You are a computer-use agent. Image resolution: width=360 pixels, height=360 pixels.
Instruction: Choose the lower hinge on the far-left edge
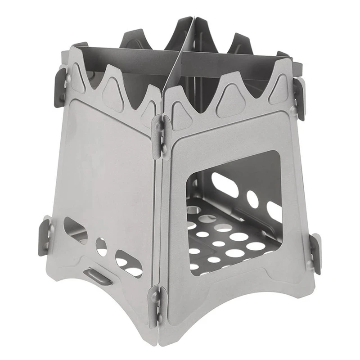(46, 234)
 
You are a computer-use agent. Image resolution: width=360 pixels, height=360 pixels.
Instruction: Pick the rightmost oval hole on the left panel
(128, 265)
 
